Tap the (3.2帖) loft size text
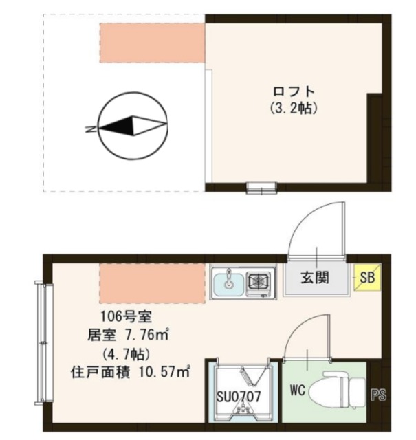point(294,108)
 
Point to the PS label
point(379,395)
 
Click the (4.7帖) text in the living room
point(120,354)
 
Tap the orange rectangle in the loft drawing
point(151,43)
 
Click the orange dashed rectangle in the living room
point(153,282)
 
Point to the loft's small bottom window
point(262,187)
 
